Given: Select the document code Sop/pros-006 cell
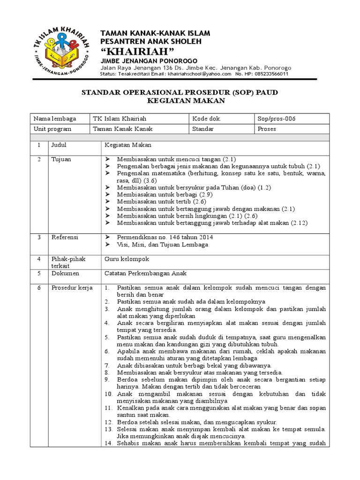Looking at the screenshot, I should (276, 119).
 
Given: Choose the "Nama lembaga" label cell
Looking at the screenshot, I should (54, 119).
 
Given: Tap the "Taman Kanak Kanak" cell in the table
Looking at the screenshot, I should (123, 129).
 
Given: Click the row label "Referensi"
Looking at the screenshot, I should (64, 237).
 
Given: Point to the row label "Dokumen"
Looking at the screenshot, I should (65, 273).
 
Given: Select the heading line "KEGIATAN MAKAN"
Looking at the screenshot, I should (180, 101).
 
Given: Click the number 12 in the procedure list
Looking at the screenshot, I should (108, 422).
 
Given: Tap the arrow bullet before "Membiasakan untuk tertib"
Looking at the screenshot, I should (107, 201).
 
